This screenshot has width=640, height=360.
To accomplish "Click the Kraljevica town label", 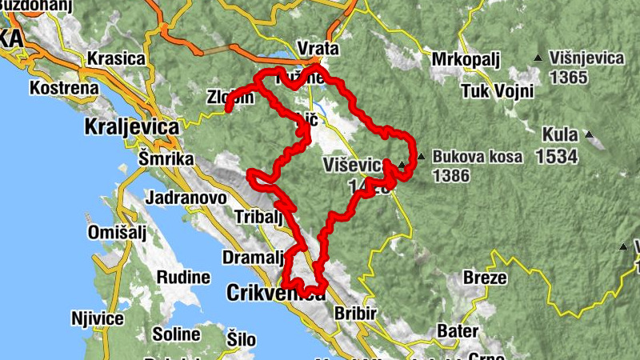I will pyautogui.click(x=131, y=126).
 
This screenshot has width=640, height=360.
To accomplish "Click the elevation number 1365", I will pyautogui.click(x=569, y=78).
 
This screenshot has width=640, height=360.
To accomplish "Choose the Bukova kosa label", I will pyautogui.click(x=478, y=157).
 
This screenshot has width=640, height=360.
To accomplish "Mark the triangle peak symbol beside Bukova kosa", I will pyautogui.click(x=422, y=156).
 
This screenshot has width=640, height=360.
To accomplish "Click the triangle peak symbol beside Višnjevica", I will pyautogui.click(x=538, y=58).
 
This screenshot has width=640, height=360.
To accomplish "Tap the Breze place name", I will pyautogui.click(x=485, y=278).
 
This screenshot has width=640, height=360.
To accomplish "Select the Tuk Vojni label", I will pyautogui.click(x=497, y=90).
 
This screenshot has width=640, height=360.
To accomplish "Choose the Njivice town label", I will pyautogui.click(x=97, y=319).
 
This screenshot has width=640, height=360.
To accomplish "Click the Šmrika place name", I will pyautogui.click(x=166, y=159).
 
